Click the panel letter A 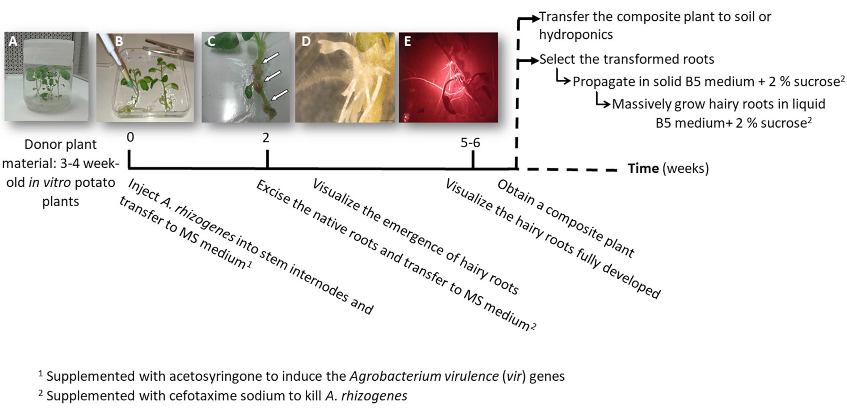point(13,41)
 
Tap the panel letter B point(119,41)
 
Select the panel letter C point(211,42)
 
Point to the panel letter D point(306,41)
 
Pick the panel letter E point(408,41)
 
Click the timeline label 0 point(130,137)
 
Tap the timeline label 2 point(266,137)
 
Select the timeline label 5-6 point(470,143)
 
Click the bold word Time point(643,168)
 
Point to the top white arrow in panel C point(271,58)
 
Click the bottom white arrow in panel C point(280,95)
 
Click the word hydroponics point(575,35)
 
